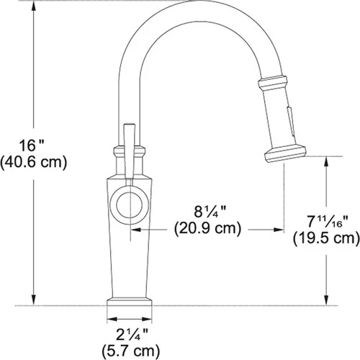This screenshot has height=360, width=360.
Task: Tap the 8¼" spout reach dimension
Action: point(207,214)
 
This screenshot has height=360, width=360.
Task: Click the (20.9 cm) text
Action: point(207,230)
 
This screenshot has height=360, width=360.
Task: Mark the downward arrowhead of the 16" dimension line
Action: point(35,300)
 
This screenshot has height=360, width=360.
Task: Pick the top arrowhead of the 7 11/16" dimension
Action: point(328,160)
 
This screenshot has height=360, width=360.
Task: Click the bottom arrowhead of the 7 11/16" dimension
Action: point(328,300)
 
